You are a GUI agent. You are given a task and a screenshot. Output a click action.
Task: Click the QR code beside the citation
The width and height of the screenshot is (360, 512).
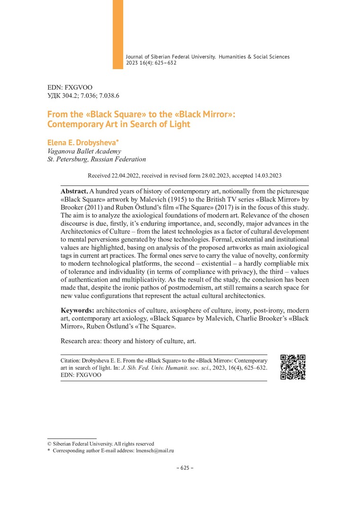point(293,367)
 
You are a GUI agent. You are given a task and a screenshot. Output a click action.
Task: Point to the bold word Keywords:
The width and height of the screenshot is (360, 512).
point(78,310)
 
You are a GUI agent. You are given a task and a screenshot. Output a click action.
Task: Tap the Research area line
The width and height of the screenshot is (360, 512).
point(128,341)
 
